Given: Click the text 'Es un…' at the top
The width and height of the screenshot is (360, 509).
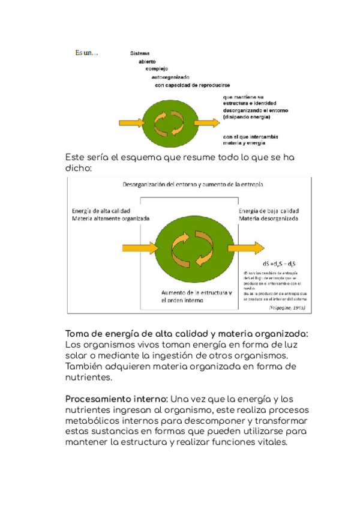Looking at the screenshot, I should pyautogui.click(x=86, y=53).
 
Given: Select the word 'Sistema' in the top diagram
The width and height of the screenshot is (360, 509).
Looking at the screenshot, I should pyautogui.click(x=140, y=53).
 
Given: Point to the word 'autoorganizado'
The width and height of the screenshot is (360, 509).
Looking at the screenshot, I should pyautogui.click(x=170, y=77).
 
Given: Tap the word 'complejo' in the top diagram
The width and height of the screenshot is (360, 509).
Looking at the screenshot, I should pyautogui.click(x=158, y=69).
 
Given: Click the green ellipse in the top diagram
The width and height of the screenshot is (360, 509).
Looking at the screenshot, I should pyautogui.click(x=167, y=122).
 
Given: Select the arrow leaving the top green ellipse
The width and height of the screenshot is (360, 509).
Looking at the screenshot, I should pyautogui.click(x=207, y=122).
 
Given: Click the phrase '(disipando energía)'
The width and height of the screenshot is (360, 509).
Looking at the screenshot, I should pyautogui.click(x=246, y=117).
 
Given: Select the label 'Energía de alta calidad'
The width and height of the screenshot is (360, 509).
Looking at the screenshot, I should pyautogui.click(x=103, y=211).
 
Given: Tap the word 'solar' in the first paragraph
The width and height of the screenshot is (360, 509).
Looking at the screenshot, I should pyautogui.click(x=77, y=357).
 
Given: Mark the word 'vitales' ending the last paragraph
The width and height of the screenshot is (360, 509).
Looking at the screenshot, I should pyautogui.click(x=270, y=442).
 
